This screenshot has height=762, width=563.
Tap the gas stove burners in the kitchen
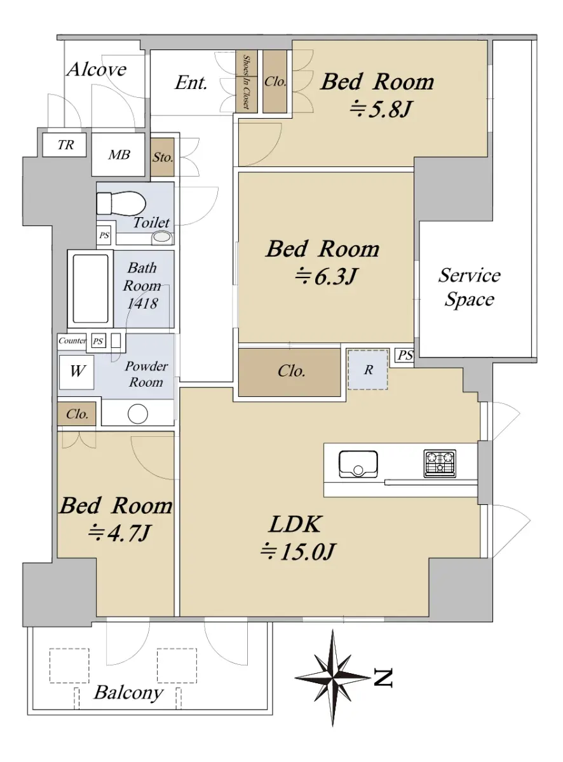(440, 464)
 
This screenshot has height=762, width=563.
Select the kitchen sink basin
(358, 464)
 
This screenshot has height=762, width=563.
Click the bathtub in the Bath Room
(91, 288)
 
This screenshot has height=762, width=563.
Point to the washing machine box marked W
(76, 372)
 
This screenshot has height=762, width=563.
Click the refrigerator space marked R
(368, 370)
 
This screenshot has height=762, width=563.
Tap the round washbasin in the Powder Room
(138, 413)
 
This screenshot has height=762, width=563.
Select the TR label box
(64, 145)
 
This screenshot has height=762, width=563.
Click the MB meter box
(118, 155)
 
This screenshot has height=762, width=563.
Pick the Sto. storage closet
(162, 157)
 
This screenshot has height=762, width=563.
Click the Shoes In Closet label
(247, 82)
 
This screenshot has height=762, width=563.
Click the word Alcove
(97, 69)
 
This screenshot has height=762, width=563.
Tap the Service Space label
(469, 287)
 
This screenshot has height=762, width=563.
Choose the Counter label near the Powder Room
(72, 340)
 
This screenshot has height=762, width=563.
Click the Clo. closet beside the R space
(290, 372)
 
